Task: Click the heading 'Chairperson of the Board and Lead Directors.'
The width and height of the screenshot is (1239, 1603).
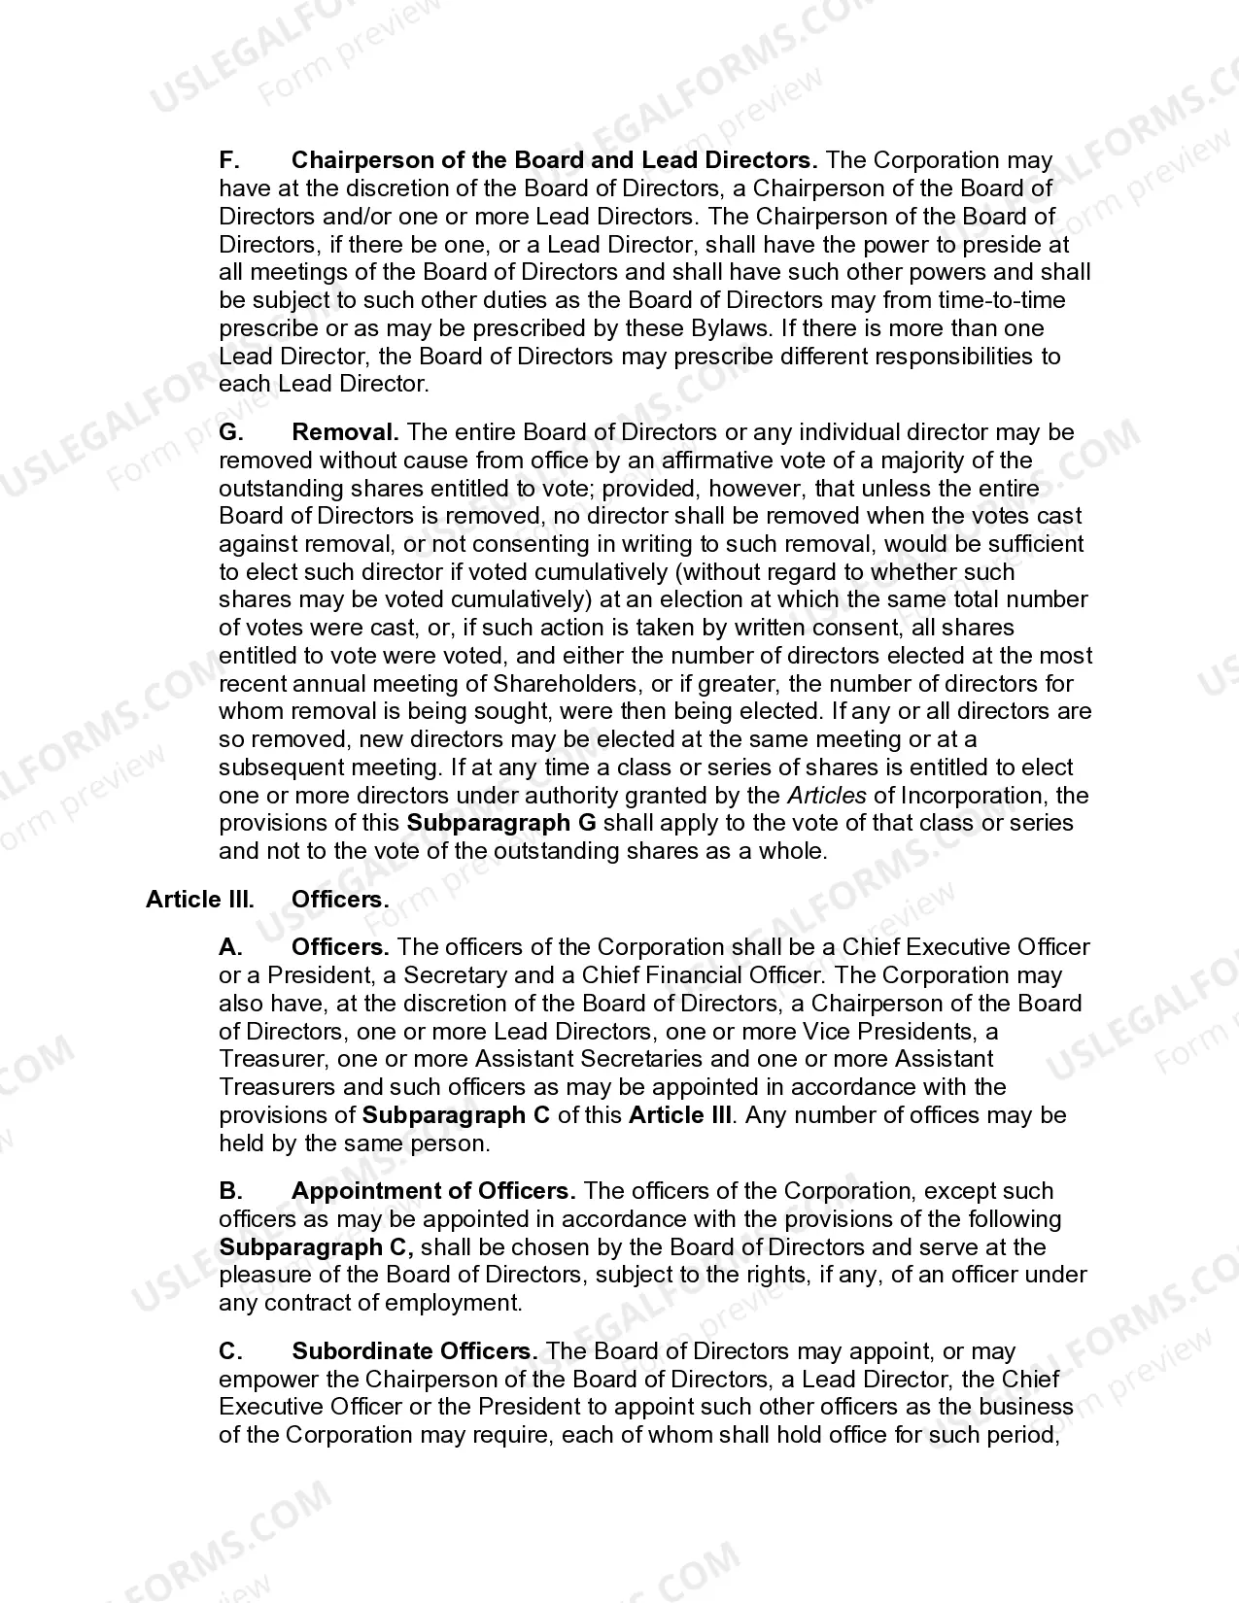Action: (554, 160)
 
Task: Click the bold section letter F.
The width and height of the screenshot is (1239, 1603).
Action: (229, 160)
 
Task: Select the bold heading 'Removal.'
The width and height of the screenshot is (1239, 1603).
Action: (345, 432)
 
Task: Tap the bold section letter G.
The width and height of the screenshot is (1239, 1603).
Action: (230, 432)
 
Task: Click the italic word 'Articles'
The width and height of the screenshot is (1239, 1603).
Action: (826, 796)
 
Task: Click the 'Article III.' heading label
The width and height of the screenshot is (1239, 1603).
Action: (200, 900)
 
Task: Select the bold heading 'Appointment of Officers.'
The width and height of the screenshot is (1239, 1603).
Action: (433, 1191)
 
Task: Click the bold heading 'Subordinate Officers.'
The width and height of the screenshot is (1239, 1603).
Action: (415, 1351)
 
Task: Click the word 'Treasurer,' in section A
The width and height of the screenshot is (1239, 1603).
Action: (265, 1059)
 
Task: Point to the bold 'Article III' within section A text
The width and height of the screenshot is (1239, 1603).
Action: (679, 1115)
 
